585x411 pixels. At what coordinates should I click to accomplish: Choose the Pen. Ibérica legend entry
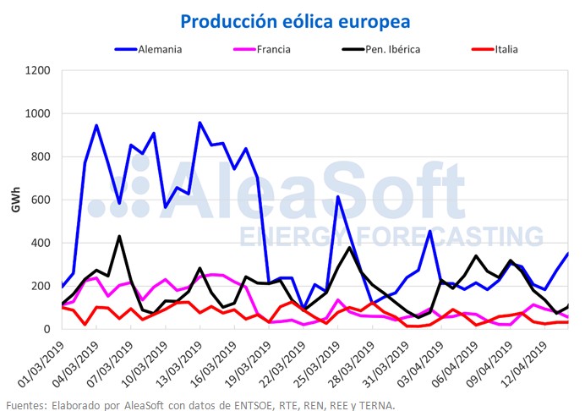click(392, 48)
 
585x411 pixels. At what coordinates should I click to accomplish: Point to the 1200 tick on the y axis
click(37, 70)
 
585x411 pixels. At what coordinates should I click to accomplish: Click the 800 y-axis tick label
click(41, 156)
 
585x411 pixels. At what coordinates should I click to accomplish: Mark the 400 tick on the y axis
click(41, 243)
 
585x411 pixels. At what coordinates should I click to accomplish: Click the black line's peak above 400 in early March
click(119, 237)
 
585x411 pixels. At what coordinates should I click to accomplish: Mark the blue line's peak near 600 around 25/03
click(338, 197)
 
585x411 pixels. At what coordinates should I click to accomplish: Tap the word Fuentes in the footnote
click(26, 404)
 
